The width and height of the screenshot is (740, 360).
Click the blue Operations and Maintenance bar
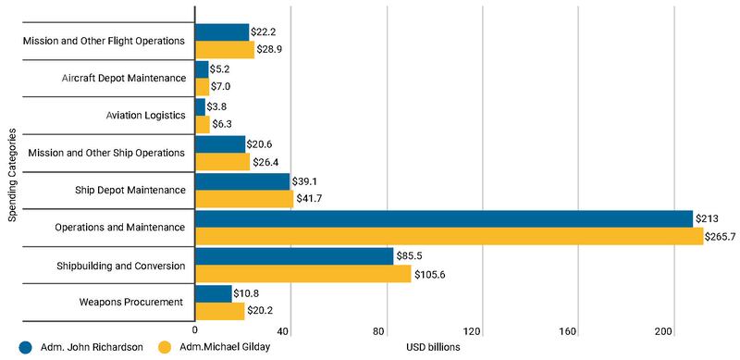pos(444,218)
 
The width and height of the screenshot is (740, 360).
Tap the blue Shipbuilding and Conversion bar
pos(294,256)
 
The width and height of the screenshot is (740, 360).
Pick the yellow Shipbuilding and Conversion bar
pos(303,275)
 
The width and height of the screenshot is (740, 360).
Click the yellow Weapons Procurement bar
pos(220,312)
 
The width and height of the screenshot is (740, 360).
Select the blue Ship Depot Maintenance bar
pos(242,181)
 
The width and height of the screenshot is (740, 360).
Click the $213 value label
pos(709,218)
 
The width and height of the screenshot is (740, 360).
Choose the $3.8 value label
pos(219,106)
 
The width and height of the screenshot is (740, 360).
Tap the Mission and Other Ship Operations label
pos(107,152)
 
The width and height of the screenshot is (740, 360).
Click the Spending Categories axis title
pos(12,177)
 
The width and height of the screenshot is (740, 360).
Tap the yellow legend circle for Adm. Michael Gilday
pos(167,348)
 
